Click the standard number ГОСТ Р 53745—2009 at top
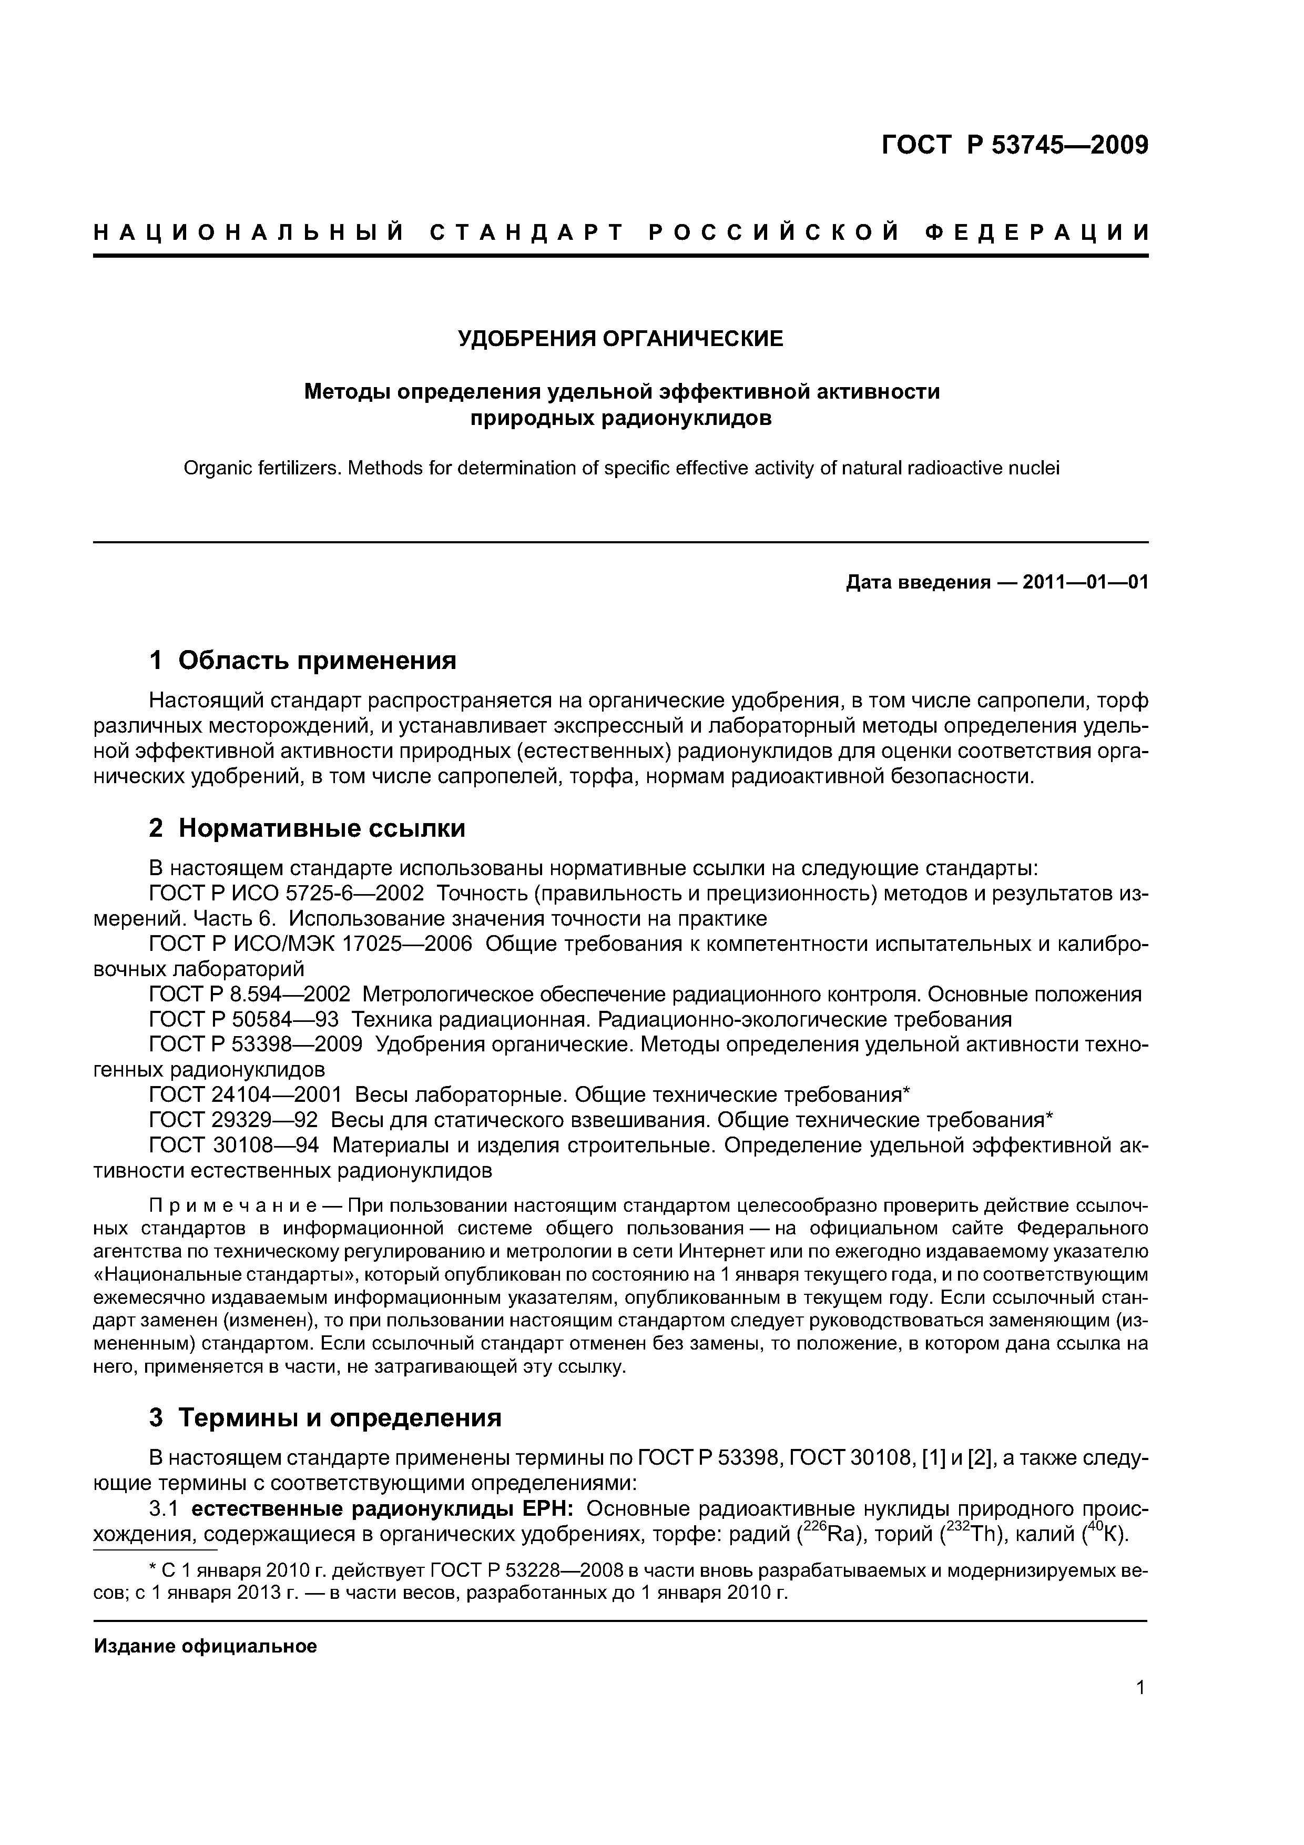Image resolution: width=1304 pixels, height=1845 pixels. click(x=1015, y=146)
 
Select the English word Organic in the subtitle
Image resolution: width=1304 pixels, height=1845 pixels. click(x=212, y=468)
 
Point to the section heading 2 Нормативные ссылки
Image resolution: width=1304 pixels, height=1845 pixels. click(x=307, y=828)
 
